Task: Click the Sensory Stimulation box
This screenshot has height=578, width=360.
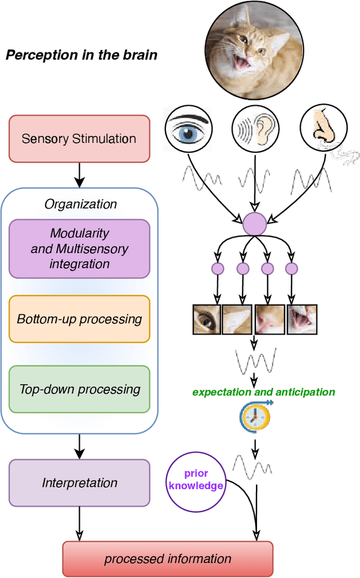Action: (x=79, y=138)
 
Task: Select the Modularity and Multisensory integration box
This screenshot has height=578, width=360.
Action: (x=79, y=249)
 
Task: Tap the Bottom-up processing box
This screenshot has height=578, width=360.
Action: (x=79, y=319)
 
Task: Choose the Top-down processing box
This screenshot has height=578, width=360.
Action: (x=79, y=389)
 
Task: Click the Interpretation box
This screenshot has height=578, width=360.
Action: (x=79, y=482)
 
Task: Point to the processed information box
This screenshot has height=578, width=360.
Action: (x=168, y=559)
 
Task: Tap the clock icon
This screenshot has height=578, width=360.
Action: (x=255, y=416)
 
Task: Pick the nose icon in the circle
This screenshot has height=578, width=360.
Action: (x=321, y=129)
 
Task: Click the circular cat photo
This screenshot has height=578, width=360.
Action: (x=253, y=47)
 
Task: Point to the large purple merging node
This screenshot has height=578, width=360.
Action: (x=254, y=224)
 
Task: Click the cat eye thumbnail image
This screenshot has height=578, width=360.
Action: (x=206, y=319)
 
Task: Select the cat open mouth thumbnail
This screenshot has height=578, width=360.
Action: (x=302, y=319)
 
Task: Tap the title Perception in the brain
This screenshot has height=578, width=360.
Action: (x=81, y=55)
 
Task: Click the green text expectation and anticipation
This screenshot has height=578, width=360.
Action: (x=263, y=392)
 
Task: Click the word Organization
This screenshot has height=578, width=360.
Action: (x=80, y=204)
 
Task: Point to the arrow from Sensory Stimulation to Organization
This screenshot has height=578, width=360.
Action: (x=79, y=175)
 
